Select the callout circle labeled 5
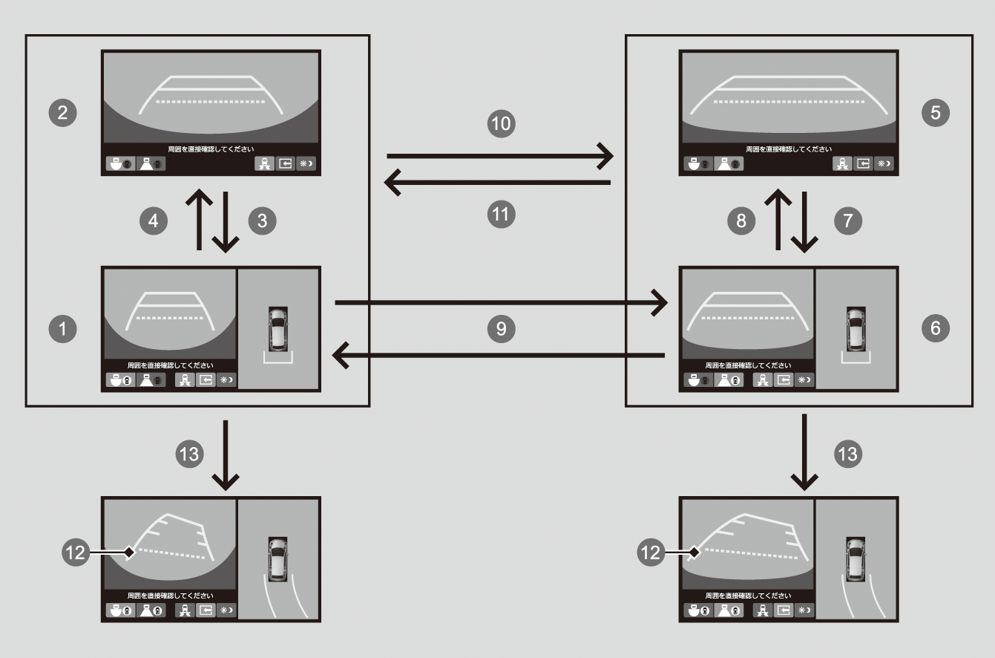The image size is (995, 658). [x=934, y=112]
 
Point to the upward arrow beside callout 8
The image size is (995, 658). [x=778, y=219]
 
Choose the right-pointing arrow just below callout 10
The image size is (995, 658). [x=500, y=156]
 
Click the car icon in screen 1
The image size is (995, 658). [x=278, y=328]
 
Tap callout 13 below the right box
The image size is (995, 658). [x=847, y=454]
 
